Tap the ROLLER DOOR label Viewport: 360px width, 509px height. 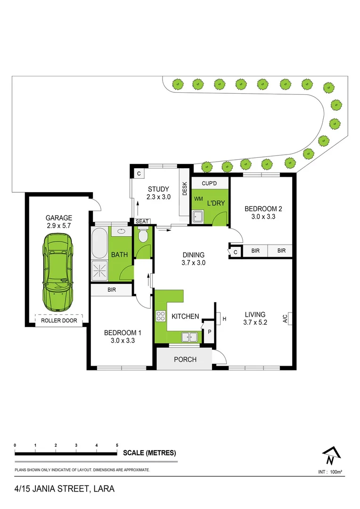tap(58, 320)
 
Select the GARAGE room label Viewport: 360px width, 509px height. tap(58, 218)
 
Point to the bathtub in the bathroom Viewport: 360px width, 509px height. tap(99, 242)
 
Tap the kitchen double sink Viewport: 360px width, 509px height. tap(190, 337)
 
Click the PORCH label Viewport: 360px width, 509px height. tap(185, 360)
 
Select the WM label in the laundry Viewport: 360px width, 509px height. tap(197, 199)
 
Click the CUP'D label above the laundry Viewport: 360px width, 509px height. tap(209, 183)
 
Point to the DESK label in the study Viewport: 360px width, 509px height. tap(185, 189)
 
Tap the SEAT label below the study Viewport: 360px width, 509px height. tap(142, 222)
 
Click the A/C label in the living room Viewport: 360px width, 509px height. tap(285, 319)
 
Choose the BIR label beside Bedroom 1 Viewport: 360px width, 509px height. tap(112, 290)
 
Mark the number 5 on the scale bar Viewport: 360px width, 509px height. tap(117, 445)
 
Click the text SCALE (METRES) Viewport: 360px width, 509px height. tap(149, 453)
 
